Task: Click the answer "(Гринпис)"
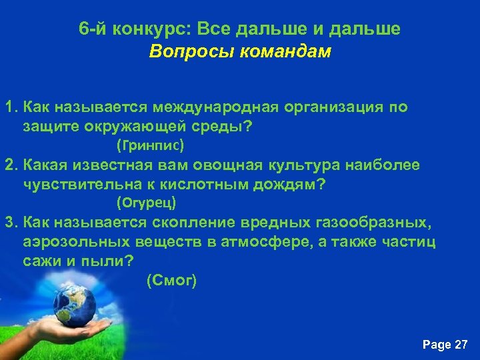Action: pos(149,145)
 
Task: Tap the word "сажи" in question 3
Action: pos(41,260)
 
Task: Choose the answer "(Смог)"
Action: pos(171,281)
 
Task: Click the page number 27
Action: pos(461,345)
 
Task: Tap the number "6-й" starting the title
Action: pos(91,29)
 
